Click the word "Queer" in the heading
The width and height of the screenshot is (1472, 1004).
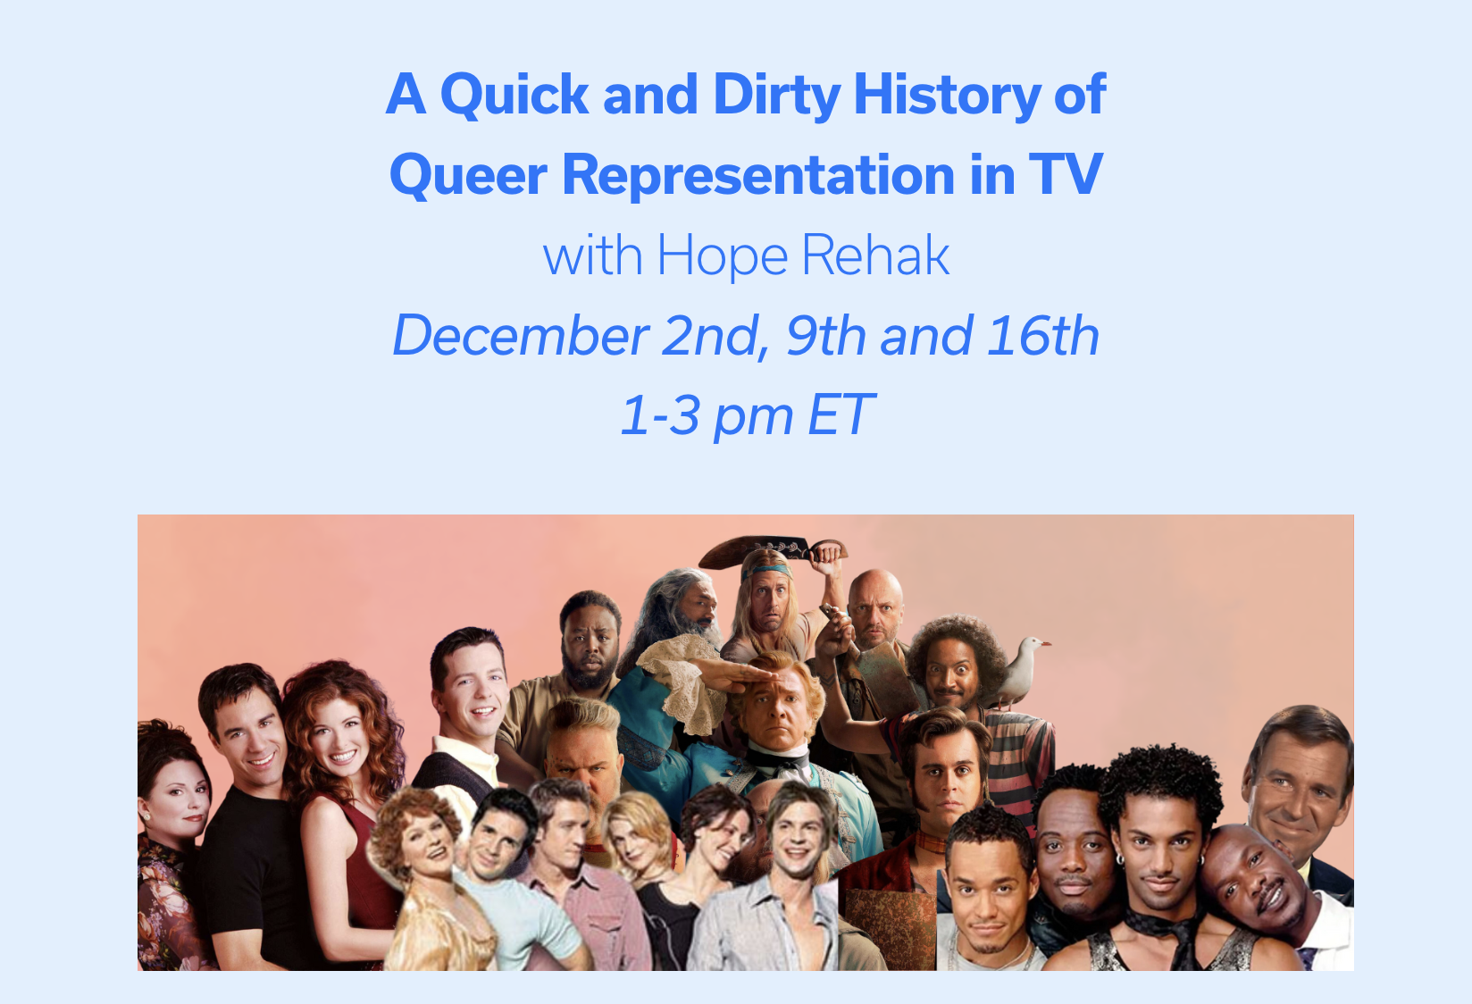(469, 176)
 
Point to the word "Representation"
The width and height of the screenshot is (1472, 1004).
(758, 176)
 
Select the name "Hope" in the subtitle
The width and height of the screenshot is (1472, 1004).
(723, 256)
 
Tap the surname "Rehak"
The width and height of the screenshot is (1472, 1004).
(875, 255)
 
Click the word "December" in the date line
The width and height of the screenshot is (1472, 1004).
(521, 336)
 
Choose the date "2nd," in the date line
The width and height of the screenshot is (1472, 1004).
(715, 337)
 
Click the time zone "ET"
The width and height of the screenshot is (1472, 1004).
(841, 414)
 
